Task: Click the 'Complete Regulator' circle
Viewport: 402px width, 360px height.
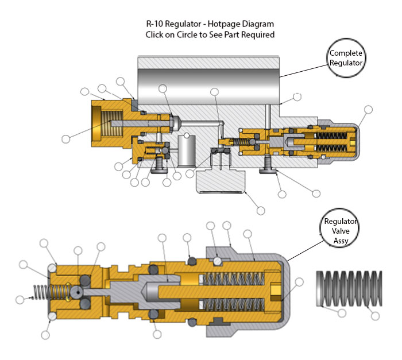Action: (x=346, y=58)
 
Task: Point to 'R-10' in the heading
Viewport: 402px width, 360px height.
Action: (x=156, y=24)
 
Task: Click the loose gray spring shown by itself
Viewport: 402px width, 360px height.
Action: (x=349, y=291)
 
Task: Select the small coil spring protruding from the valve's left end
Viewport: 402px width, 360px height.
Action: (x=38, y=291)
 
